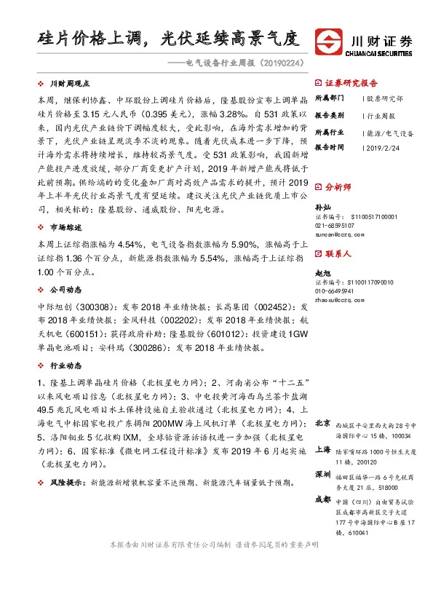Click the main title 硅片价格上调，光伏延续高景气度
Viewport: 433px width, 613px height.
tap(168, 37)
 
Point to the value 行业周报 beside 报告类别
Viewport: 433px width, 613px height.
tap(381, 115)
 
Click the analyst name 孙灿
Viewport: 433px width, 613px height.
tap(321, 207)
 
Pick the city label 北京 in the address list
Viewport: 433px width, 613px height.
tap(323, 423)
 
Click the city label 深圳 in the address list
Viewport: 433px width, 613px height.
tap(323, 473)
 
